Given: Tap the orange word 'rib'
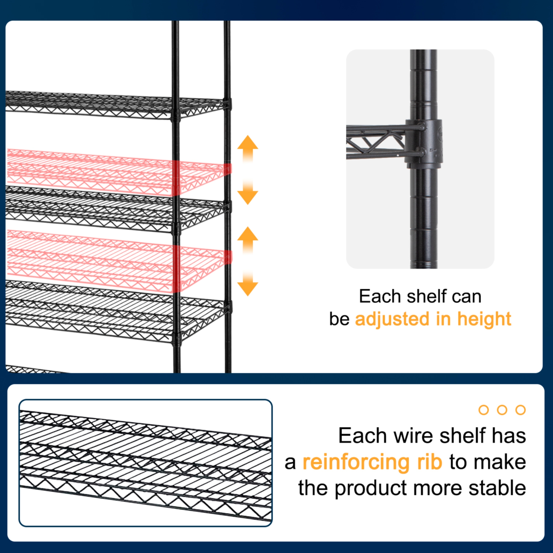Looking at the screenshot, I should (x=429, y=462).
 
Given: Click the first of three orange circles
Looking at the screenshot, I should (x=484, y=410).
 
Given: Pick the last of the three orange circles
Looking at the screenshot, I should (x=520, y=410).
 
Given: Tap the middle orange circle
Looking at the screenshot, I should (x=502, y=410).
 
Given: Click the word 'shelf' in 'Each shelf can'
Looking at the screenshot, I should (x=427, y=297).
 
